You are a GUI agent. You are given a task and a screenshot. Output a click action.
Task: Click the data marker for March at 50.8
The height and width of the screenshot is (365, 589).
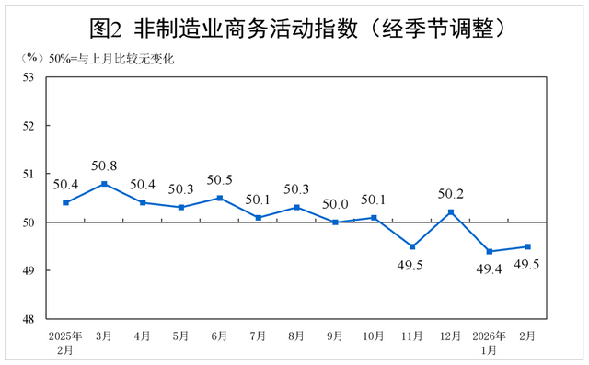[104, 184]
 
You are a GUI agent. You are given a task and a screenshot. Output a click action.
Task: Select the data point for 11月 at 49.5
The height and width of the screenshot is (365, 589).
[412, 246]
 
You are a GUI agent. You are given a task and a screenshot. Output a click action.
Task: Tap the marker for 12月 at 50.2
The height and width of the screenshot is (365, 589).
[451, 212]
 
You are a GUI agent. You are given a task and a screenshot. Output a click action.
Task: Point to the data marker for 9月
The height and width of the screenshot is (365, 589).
[335, 222]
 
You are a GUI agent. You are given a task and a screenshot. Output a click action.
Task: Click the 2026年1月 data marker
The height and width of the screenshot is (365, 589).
[490, 251]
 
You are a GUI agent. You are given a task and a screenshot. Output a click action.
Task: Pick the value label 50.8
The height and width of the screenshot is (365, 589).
[104, 166]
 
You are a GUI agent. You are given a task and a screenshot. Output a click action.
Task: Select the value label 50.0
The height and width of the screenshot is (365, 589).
[335, 204]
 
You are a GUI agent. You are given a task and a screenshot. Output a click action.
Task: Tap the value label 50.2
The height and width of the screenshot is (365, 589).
[451, 194]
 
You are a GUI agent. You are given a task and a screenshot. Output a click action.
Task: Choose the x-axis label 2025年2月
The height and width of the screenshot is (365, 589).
[65, 342]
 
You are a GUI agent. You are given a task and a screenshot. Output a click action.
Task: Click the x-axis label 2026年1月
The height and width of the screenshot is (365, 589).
[490, 342]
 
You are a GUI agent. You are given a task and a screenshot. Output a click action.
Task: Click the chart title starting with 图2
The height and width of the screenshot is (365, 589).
[294, 27]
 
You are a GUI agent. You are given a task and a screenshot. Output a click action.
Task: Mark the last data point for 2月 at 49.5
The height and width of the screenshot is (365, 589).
[527, 246]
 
